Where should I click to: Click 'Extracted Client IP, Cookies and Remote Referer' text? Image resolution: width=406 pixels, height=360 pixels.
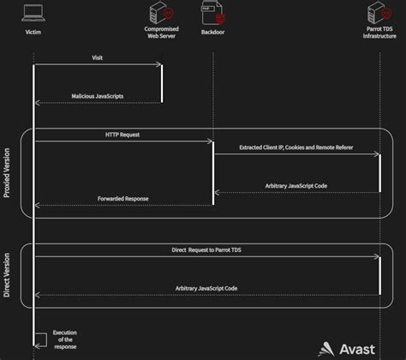(x=296, y=148)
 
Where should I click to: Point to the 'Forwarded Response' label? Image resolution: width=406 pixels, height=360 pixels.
(x=124, y=198)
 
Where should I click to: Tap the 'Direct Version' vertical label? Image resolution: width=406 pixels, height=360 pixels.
(x=8, y=274)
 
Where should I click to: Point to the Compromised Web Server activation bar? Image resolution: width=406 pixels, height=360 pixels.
(x=163, y=84)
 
